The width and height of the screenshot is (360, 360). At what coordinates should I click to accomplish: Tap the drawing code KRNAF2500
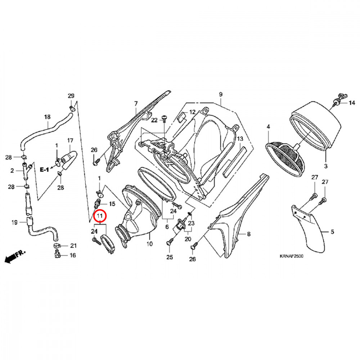point(292,257)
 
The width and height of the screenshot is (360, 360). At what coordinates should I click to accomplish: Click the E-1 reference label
point(44,169)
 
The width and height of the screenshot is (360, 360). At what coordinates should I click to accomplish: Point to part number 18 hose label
point(47,117)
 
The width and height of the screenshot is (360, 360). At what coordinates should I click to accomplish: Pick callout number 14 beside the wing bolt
point(351,103)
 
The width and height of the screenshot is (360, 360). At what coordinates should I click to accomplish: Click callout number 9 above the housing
point(221,94)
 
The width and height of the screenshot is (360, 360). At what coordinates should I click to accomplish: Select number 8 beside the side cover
point(248,234)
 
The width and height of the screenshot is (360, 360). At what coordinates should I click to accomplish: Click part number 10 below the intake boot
point(150,244)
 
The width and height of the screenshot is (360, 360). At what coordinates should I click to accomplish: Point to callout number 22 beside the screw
point(154,120)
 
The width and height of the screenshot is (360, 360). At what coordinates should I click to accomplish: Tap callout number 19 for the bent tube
point(14,222)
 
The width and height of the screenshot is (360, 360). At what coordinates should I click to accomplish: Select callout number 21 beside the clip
point(73,246)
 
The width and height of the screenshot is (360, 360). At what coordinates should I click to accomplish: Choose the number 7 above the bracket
point(136,104)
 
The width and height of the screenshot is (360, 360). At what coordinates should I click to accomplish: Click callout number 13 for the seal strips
point(240,139)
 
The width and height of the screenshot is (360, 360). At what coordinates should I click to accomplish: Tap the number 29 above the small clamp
point(71,96)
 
